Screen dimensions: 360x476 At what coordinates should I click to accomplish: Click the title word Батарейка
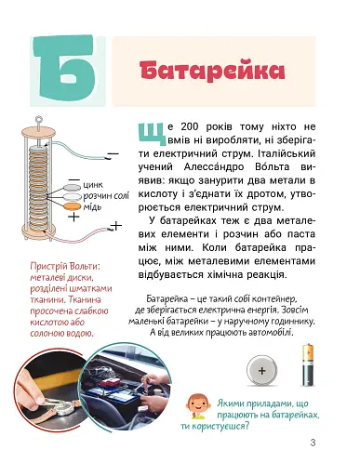(x=212, y=71)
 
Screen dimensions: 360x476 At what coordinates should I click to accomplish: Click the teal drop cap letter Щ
(x=151, y=134)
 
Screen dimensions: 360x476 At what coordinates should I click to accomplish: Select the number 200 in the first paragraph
(x=191, y=126)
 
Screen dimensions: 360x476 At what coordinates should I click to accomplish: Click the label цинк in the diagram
(x=93, y=185)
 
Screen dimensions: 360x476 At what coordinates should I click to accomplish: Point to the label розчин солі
(x=106, y=196)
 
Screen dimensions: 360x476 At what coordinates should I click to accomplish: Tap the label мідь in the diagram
(x=92, y=206)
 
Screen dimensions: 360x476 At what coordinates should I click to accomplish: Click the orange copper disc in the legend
(x=73, y=206)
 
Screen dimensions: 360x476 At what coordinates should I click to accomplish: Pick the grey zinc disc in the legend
(x=73, y=187)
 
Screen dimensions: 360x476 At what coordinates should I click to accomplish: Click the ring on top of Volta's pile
(x=39, y=119)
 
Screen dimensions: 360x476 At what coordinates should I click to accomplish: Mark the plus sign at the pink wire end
(x=116, y=226)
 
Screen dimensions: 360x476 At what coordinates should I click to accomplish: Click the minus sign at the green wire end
(x=113, y=153)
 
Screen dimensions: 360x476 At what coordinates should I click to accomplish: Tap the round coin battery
(x=262, y=371)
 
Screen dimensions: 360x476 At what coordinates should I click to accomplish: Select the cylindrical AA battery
(x=308, y=365)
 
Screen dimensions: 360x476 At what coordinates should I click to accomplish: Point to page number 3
(x=313, y=443)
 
